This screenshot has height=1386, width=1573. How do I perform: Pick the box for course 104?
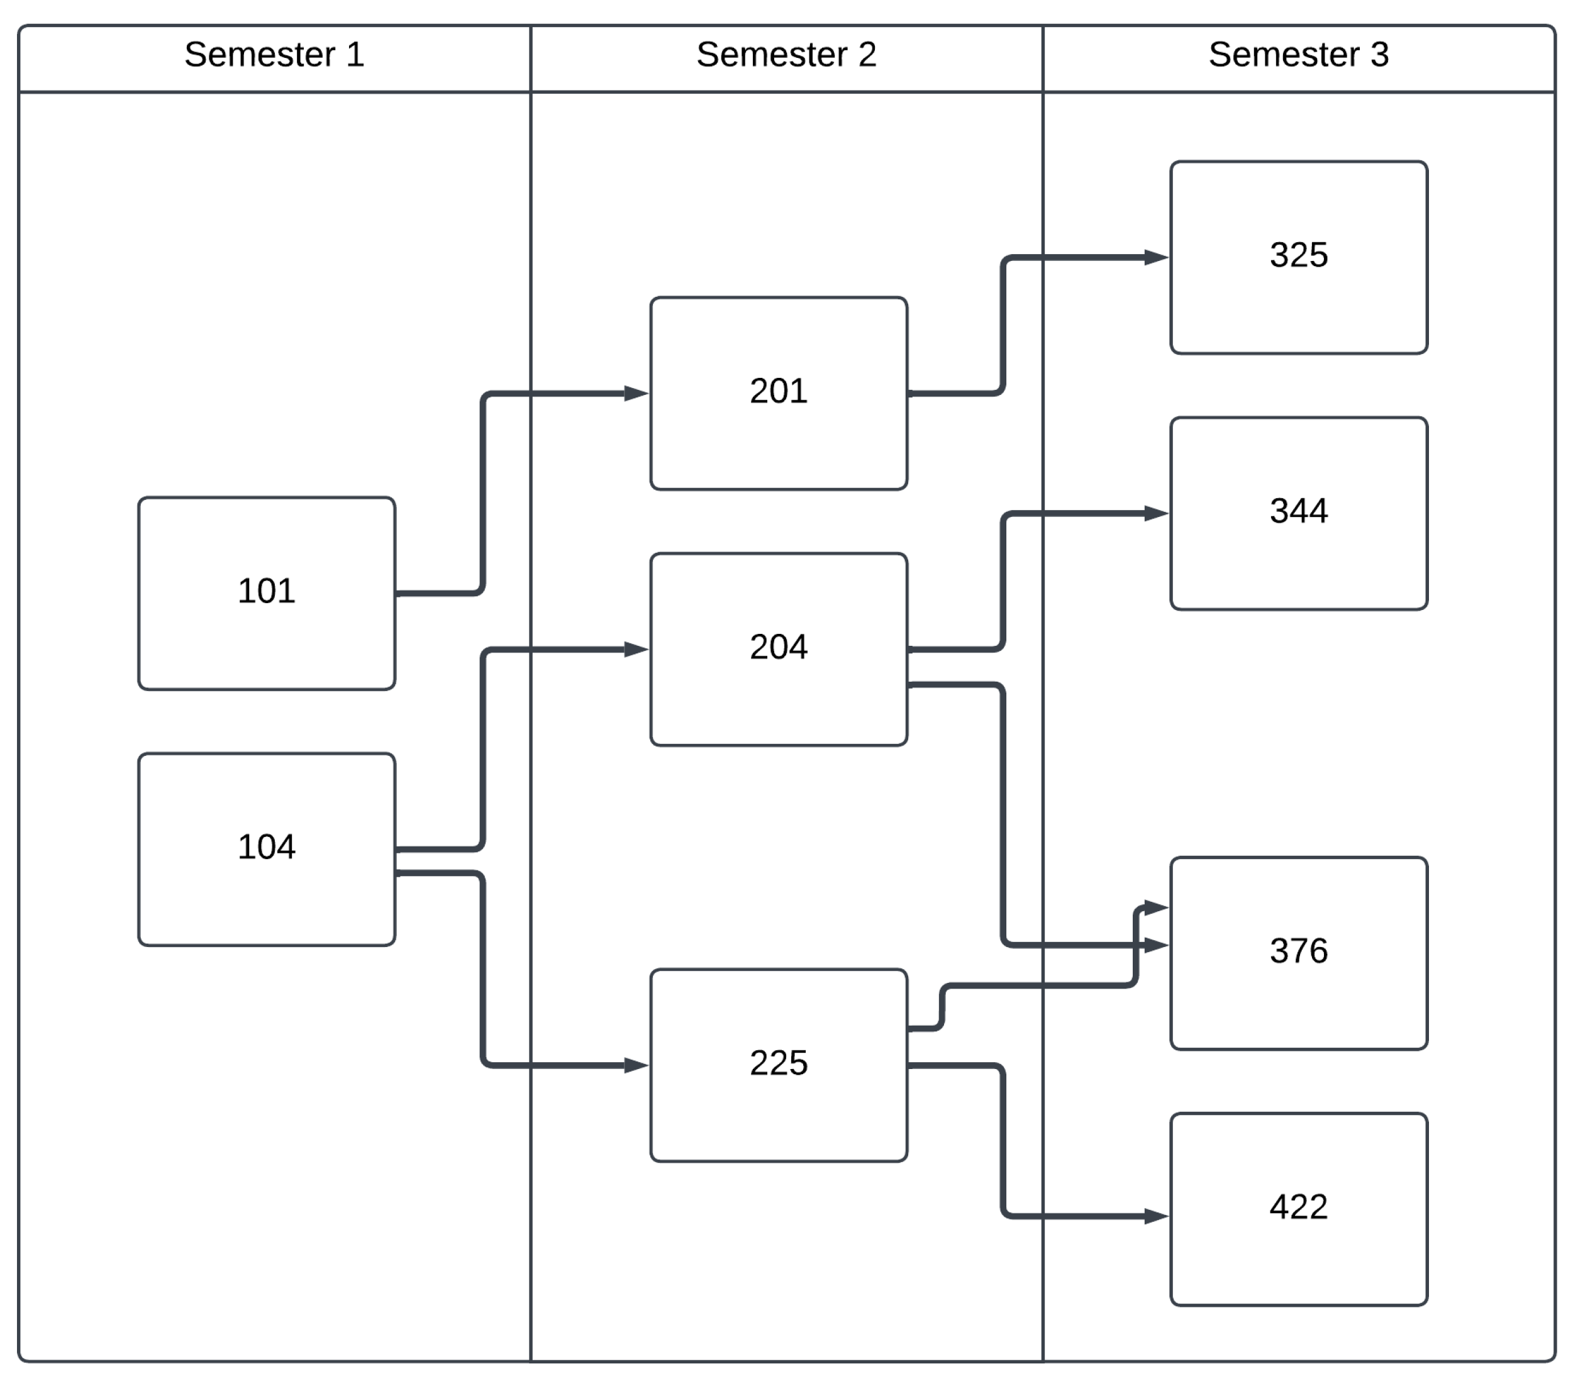tap(266, 849)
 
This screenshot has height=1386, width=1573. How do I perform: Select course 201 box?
tap(778, 392)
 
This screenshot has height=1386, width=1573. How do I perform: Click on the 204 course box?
tap(778, 649)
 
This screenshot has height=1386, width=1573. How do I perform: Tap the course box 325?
tap(1298, 257)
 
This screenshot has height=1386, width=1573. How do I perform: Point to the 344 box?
tap(1298, 513)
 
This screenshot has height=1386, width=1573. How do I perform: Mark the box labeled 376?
tap(1298, 953)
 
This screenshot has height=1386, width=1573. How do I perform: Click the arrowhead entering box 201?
tap(636, 393)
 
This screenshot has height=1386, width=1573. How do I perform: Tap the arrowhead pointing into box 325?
tap(1156, 258)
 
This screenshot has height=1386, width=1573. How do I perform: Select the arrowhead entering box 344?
tap(1156, 513)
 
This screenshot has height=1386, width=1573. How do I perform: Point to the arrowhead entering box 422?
tap(1156, 1216)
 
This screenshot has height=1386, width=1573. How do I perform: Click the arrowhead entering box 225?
tap(636, 1065)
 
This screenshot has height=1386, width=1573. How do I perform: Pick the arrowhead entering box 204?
tap(636, 650)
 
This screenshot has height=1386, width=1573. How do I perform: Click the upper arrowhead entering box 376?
tap(1156, 908)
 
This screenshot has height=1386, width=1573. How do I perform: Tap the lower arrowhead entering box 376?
tap(1156, 945)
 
